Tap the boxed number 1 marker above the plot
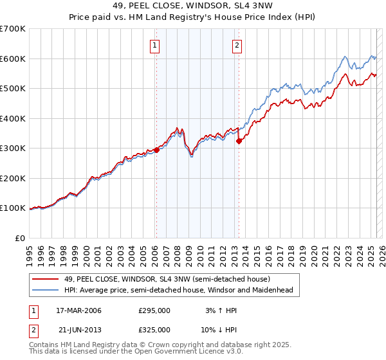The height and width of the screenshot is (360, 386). coord(156,45)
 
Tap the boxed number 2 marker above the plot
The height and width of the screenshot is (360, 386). coord(237,45)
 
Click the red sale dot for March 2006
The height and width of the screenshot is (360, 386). coord(156,150)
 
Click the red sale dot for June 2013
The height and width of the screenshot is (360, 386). coord(238,141)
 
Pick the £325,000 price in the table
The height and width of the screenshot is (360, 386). coord(154,329)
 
